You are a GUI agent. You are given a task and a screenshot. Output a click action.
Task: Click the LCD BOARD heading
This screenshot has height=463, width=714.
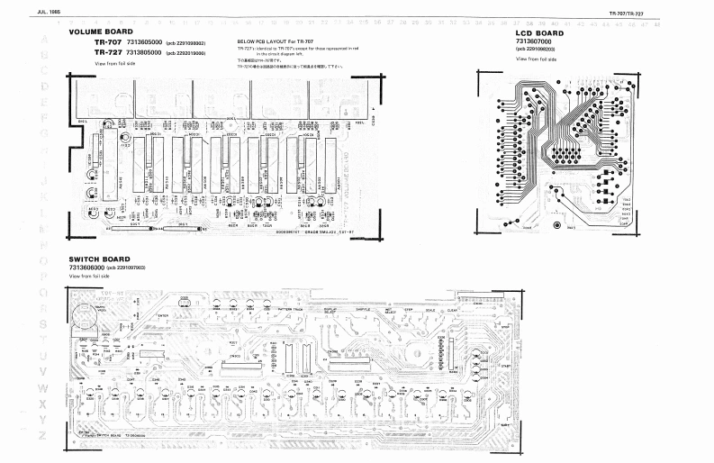tap(539, 33)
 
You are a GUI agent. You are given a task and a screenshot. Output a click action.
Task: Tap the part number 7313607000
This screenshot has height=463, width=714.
tap(536, 41)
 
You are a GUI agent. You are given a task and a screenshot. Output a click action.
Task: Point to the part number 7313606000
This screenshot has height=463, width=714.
tap(86, 268)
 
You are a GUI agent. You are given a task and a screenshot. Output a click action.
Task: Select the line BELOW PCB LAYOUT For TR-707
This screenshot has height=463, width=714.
tap(274, 42)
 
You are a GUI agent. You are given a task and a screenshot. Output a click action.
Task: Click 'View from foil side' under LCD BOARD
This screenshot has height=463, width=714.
tap(537, 59)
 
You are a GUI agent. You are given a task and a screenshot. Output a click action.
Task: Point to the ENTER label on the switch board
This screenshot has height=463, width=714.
tap(163, 314)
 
